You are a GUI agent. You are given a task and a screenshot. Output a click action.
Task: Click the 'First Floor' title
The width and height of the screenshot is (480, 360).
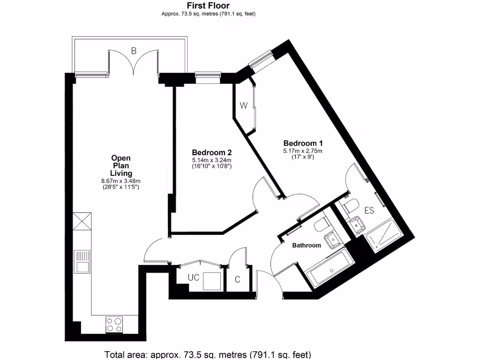[208, 6]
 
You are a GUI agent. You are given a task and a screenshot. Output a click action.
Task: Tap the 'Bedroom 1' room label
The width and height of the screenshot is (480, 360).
[302, 143]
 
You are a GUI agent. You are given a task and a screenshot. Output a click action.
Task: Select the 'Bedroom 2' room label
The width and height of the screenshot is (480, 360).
[212, 152]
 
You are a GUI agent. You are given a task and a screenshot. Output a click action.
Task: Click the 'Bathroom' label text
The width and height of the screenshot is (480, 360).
[307, 245]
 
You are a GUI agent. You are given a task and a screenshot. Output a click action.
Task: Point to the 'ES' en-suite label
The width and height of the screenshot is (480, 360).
[369, 210]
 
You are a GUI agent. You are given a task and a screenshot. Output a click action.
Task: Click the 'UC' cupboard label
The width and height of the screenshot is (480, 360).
[193, 277]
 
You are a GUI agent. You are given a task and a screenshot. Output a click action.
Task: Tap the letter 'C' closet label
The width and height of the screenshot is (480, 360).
[237, 280]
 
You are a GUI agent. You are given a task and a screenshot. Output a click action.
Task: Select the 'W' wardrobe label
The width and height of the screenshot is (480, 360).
[243, 105]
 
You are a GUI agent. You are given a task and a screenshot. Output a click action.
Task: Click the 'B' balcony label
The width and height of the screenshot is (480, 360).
[134, 51]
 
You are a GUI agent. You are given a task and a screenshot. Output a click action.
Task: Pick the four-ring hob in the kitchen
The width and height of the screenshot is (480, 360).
[114, 324]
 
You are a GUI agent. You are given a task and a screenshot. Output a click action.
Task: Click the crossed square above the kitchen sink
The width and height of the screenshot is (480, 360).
[82, 221]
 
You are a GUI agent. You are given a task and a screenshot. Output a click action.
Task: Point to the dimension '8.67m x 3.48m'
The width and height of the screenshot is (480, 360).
[121, 181]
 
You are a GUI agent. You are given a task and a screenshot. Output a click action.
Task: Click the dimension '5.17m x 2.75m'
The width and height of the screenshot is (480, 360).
[302, 151]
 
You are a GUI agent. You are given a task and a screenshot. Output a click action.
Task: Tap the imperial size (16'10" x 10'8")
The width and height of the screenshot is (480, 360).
[212, 166]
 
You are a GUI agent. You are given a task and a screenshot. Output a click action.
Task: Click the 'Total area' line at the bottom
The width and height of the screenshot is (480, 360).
[207, 354]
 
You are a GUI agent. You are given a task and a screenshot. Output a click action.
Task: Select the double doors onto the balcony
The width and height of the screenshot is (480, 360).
[134, 63]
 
